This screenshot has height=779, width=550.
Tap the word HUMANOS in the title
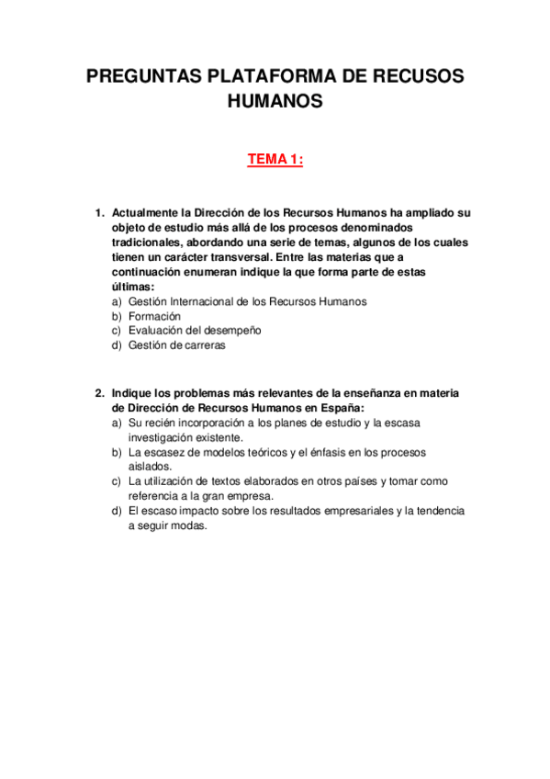275,102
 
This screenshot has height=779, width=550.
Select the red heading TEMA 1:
275,161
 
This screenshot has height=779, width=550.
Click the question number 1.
100,212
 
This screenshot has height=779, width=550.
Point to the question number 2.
100,393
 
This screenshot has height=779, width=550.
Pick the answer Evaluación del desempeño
195,331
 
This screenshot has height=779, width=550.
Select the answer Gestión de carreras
176,345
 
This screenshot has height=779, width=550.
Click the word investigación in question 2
162,437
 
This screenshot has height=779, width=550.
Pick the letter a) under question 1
117,301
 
